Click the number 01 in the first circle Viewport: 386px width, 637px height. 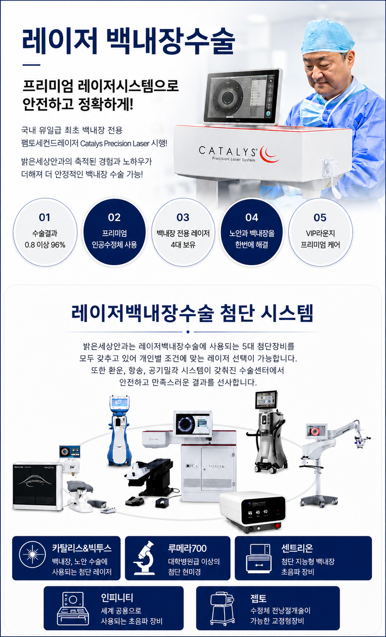pos(44,218)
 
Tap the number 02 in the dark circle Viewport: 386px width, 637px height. pos(114,218)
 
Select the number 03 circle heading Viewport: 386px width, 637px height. pos(183,218)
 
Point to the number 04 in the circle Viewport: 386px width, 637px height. pos(252,218)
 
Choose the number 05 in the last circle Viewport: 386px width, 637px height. pos(320,218)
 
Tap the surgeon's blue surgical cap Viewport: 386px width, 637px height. pos(327,37)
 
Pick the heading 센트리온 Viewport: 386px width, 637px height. pos(297,548)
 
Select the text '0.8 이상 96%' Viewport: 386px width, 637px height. pos(45,245)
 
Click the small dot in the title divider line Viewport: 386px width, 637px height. pos(188,332)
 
